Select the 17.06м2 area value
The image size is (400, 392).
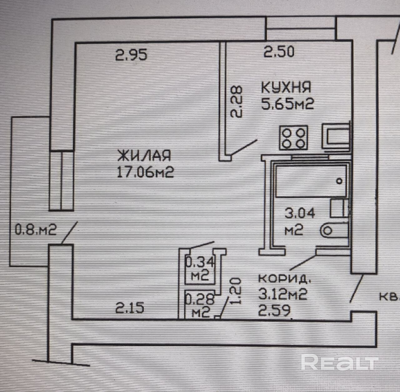145,173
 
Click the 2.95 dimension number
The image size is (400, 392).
131,54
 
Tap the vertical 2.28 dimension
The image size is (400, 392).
236,102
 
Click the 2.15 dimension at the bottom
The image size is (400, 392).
129,309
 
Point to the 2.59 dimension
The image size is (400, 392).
274,311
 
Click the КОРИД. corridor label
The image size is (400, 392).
284,279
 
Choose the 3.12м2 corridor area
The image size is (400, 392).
283,294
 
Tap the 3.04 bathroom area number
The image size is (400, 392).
300,213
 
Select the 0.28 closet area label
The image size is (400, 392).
199,299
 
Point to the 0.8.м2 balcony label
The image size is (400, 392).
36,230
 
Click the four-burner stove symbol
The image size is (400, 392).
293,138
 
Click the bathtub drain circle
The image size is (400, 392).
339,181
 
